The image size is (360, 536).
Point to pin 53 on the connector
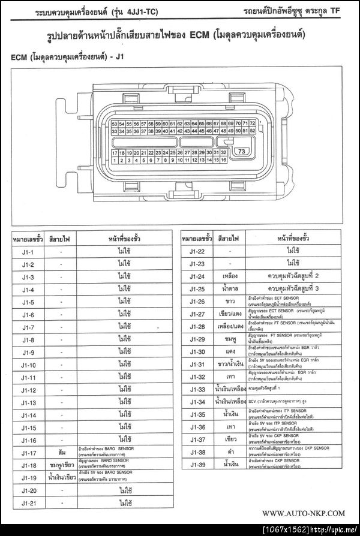click(x=115, y=124)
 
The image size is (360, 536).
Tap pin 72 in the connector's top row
click(x=253, y=123)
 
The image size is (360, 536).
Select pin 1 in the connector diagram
click(x=115, y=160)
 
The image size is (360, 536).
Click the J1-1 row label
click(x=28, y=252)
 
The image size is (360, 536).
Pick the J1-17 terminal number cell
click(x=28, y=453)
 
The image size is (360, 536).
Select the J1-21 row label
click(x=28, y=503)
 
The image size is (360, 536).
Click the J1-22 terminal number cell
click(x=197, y=251)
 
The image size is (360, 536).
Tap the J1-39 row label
click(x=197, y=465)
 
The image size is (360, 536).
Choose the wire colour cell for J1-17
click(x=62, y=453)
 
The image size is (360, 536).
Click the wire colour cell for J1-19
click(x=62, y=478)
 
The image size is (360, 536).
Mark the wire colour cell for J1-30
click(x=230, y=352)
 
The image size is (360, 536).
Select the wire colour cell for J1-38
click(x=230, y=452)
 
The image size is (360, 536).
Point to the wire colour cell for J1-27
click(x=230, y=314)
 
